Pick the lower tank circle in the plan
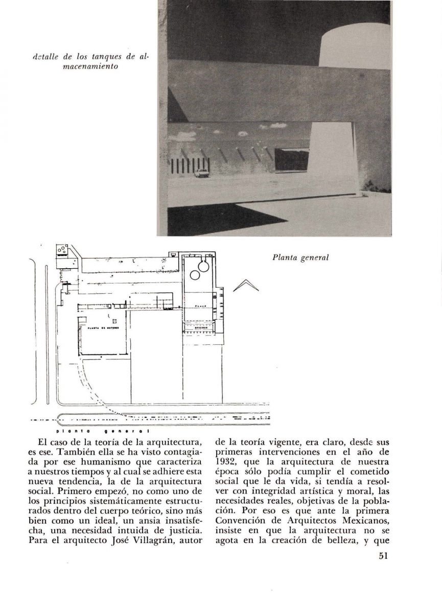coord(195,276)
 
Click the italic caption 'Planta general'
coord(299,258)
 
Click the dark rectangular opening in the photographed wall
coord(291,159)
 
